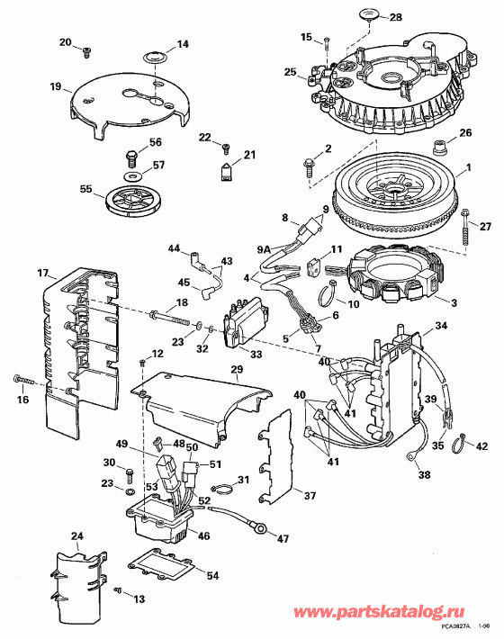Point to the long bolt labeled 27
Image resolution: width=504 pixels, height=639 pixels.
point(466,232)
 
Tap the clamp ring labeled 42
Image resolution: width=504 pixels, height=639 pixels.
point(458,440)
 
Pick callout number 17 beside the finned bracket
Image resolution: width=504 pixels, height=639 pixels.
point(41,274)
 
